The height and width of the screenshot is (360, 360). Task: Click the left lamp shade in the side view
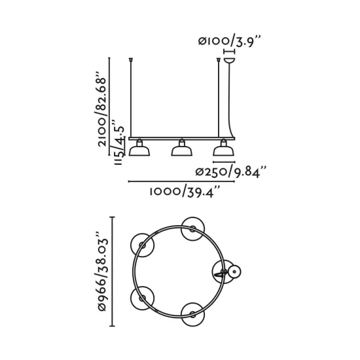point(137,151)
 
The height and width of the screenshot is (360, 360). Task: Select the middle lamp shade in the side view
point(180,151)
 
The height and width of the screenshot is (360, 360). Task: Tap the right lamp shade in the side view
point(223,151)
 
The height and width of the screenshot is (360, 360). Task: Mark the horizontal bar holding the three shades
point(180,139)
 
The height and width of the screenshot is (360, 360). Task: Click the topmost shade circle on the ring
point(194,226)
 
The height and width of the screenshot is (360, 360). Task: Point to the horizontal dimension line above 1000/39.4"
point(181,181)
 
